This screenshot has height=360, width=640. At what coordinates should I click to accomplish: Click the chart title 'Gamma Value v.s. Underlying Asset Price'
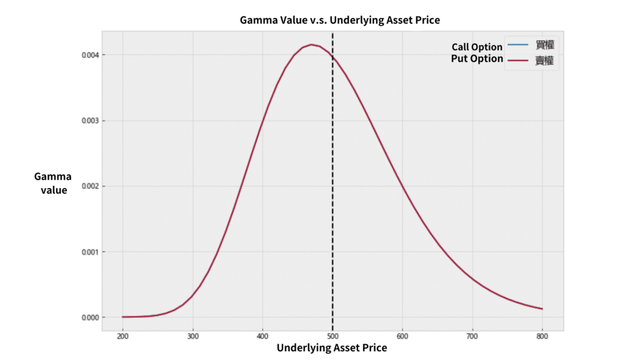(x=340, y=20)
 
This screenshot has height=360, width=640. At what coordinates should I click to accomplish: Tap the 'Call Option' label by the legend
(x=477, y=47)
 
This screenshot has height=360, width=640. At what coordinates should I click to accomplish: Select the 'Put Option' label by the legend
(x=477, y=59)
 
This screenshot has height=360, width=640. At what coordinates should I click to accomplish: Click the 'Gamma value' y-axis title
(x=53, y=183)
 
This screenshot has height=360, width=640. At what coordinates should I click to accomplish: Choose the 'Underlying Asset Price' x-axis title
(x=332, y=347)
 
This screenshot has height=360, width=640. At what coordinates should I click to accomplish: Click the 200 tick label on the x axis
(x=122, y=336)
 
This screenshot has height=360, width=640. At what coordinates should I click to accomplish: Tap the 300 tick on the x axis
(x=192, y=336)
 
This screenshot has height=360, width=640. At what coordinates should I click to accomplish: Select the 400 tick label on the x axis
(x=262, y=336)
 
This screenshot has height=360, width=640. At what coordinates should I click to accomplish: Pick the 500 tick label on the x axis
(x=332, y=336)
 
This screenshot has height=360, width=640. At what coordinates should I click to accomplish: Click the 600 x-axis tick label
(x=402, y=336)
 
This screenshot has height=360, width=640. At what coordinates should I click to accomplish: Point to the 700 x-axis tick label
(x=472, y=336)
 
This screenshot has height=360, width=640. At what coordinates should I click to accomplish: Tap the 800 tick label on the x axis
(x=542, y=336)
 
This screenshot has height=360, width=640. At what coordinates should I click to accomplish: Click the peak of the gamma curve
(x=311, y=44)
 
